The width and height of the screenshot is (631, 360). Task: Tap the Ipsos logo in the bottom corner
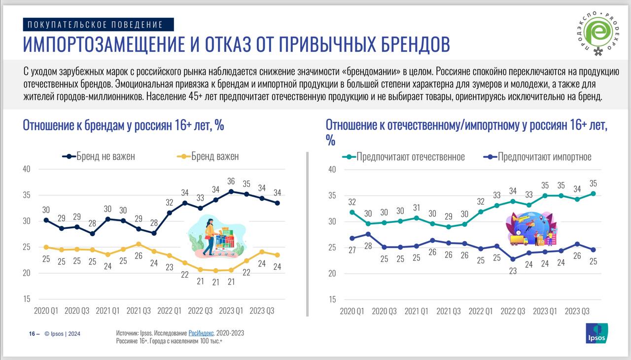596,333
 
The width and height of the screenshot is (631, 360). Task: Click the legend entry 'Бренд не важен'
99,156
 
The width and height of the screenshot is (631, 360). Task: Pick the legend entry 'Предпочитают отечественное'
404,157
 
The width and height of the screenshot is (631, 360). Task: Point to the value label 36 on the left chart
231,181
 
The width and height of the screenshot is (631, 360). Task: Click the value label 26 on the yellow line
139,256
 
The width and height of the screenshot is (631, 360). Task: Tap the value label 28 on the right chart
368,247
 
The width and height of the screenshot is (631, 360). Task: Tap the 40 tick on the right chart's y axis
332,169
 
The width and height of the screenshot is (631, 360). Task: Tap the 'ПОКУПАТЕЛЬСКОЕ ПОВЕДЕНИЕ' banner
98,24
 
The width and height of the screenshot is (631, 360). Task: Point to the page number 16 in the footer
32,334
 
